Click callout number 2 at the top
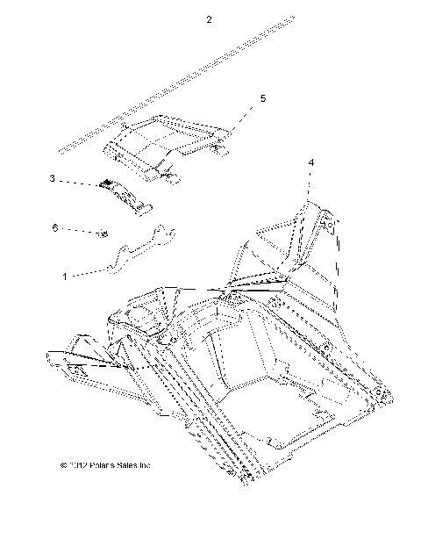tap(208, 20)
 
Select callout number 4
tap(311, 162)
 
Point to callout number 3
tap(53, 178)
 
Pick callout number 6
tap(54, 227)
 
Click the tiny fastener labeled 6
tap(103, 233)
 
